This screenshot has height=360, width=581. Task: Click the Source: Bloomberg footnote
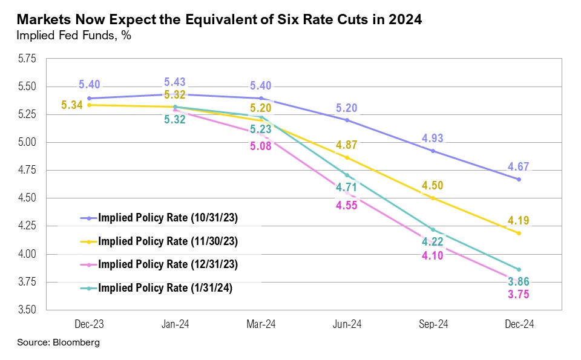(x=58, y=342)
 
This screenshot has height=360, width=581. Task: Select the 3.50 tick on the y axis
(x=28, y=310)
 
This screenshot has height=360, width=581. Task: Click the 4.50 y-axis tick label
(x=28, y=198)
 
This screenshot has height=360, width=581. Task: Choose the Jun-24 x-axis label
(x=347, y=325)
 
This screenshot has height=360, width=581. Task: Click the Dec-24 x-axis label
(x=519, y=325)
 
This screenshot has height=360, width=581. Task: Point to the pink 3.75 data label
(x=519, y=295)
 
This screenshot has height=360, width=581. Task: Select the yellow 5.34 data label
(x=73, y=105)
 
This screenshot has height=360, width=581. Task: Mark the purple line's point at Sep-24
(x=433, y=151)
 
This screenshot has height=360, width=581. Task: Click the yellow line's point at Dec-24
(x=519, y=233)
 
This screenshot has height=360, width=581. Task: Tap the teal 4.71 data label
(x=347, y=188)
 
